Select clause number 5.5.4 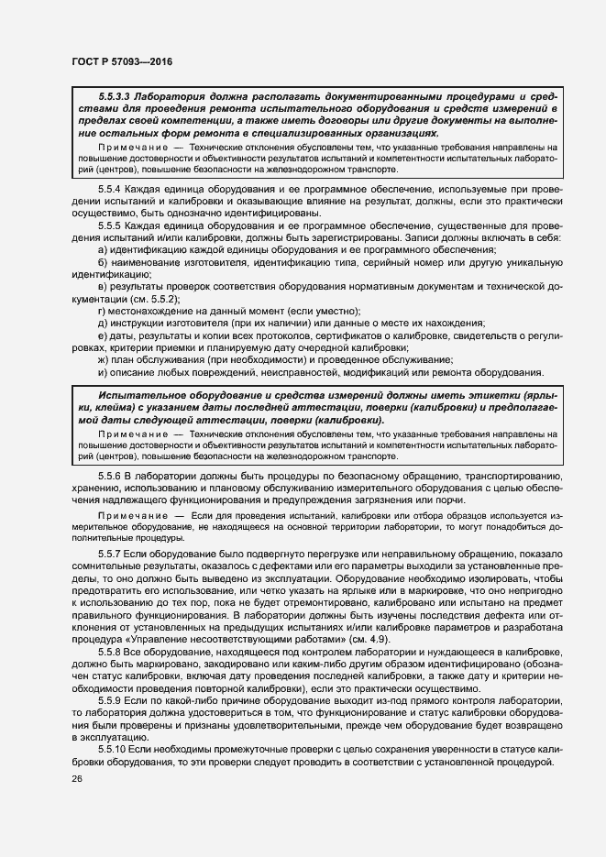pos(110,188)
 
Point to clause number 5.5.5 pos(110,225)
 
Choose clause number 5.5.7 pos(110,556)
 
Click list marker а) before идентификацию pos(101,249)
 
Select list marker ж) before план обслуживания pos(102,360)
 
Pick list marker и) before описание pos(101,372)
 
